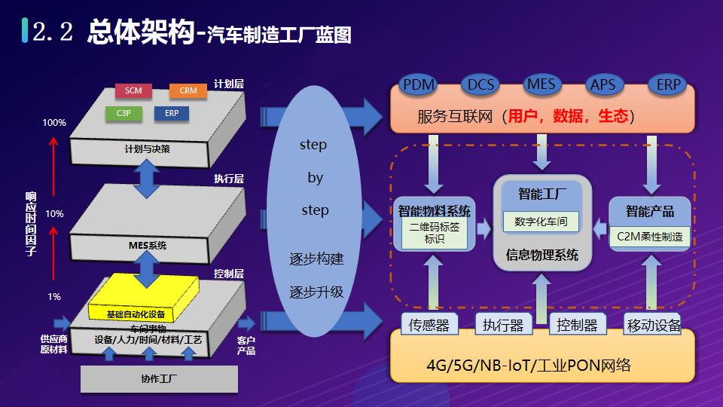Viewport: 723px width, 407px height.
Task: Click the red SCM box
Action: pyautogui.click(x=133, y=91)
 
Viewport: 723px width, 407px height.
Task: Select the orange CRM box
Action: pyautogui.click(x=188, y=91)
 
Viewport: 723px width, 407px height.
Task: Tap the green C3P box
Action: pyautogui.click(x=124, y=114)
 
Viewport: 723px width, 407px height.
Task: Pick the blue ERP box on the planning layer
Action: pyautogui.click(x=171, y=114)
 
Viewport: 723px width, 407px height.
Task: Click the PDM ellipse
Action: pyautogui.click(x=419, y=84)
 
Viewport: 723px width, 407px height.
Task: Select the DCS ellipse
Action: pyautogui.click(x=480, y=84)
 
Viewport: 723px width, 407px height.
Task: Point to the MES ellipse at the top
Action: pyautogui.click(x=541, y=84)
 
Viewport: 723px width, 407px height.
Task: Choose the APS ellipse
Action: pyautogui.click(x=602, y=84)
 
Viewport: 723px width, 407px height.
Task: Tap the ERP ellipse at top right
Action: pyautogui.click(x=668, y=84)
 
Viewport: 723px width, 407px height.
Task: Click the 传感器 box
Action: pyautogui.click(x=429, y=325)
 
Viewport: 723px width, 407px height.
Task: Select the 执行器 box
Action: pyautogui.click(x=503, y=325)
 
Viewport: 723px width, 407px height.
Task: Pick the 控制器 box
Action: pyautogui.click(x=577, y=325)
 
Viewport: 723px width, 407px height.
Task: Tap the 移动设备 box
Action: pyautogui.click(x=653, y=325)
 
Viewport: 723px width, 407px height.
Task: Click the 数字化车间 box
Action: pyautogui.click(x=541, y=222)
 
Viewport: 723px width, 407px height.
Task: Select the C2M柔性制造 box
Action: pyautogui.click(x=649, y=236)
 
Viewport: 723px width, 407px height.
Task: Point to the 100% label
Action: pyautogui.click(x=54, y=123)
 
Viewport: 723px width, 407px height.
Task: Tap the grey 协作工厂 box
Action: pyautogui.click(x=159, y=378)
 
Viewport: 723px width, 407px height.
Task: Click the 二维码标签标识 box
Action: pyautogui.click(x=435, y=233)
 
